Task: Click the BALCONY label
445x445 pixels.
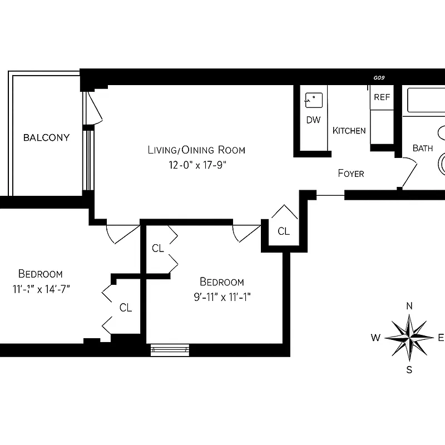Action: (x=46, y=137)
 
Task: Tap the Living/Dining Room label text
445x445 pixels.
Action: (x=196, y=150)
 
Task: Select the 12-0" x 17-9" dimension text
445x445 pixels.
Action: (x=196, y=165)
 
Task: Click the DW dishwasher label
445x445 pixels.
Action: (x=313, y=120)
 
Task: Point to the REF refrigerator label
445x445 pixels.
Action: (x=382, y=97)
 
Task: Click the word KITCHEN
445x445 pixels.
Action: (x=349, y=131)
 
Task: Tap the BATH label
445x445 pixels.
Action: (x=422, y=148)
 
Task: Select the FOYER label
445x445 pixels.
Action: (x=351, y=174)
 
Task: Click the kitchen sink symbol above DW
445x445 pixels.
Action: (x=313, y=100)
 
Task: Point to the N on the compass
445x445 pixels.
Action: (x=409, y=306)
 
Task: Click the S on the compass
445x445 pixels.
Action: (x=409, y=369)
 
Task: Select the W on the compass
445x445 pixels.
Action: (x=375, y=338)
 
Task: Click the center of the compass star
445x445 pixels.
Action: (x=409, y=337)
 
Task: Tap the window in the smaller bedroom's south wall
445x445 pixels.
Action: (x=170, y=350)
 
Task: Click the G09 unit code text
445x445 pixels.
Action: (x=379, y=78)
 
